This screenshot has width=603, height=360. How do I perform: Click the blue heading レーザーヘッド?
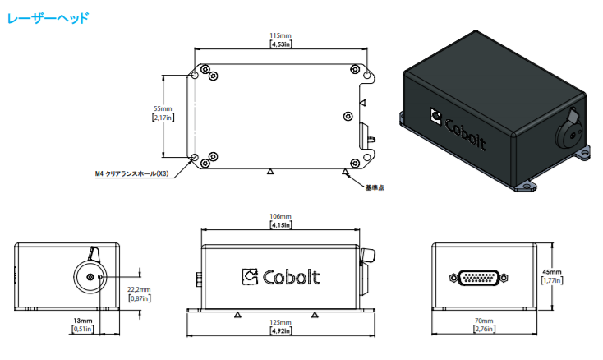coord(48,18)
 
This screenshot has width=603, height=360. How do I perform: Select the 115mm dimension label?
coord(280,35)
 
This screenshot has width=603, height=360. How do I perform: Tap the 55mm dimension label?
coord(163,108)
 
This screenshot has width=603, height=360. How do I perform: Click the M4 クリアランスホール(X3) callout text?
coord(132,174)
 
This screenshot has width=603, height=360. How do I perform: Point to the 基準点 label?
coord(375,187)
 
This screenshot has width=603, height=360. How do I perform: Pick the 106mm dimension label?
coord(280,216)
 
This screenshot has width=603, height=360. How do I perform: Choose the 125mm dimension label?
coord(280,322)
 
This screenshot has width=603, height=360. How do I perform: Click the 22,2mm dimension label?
coord(139,289)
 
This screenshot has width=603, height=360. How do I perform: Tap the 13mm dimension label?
coord(83,321)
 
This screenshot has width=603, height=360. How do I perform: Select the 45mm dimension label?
coord(552,272)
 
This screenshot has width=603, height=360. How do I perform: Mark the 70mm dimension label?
coord(484,321)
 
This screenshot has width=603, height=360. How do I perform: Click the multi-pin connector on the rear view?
coord(479,278)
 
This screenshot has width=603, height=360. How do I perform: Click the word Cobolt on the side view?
coord(291,277)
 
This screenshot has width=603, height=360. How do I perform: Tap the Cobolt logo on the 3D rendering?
coord(458,129)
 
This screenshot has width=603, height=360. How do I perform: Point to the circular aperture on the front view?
coord(90,277)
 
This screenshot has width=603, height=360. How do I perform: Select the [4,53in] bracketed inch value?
coord(281,44)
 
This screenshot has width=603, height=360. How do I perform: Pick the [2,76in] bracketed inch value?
coord(484,329)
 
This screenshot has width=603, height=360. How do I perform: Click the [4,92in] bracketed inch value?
coord(281,330)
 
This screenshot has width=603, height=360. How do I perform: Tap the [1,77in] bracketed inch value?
coord(552,280)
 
